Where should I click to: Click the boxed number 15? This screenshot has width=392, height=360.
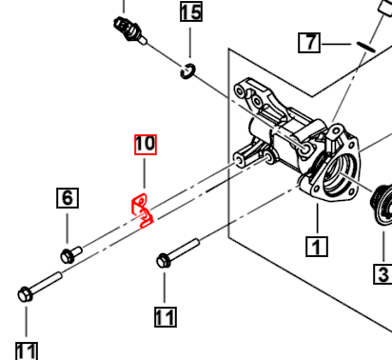(x=190, y=12)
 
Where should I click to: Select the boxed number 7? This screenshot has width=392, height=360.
(x=308, y=42)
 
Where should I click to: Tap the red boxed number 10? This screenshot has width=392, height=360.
(x=144, y=145)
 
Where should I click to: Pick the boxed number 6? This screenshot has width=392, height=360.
(x=67, y=198)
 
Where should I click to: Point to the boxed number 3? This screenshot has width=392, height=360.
(x=382, y=274)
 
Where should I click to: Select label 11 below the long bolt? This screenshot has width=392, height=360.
(x=27, y=350)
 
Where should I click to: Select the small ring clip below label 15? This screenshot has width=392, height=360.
(x=188, y=70)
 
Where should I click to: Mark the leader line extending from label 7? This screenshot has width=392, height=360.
(x=336, y=43)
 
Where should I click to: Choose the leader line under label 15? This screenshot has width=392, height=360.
(x=190, y=42)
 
